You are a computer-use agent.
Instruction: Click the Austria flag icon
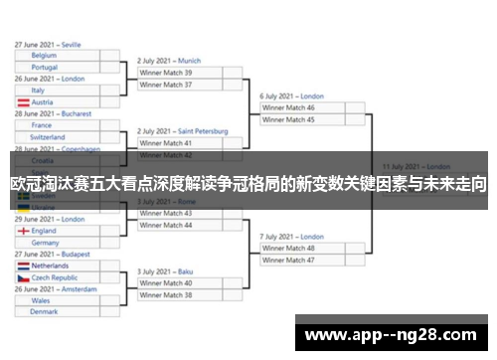pos(23,101)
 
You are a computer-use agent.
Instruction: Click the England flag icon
pos(23,231)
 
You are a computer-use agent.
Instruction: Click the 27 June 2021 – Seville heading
pos(48,45)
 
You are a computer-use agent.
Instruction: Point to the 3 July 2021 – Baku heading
pos(165,271)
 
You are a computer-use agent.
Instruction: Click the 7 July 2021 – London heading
pos(292,237)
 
